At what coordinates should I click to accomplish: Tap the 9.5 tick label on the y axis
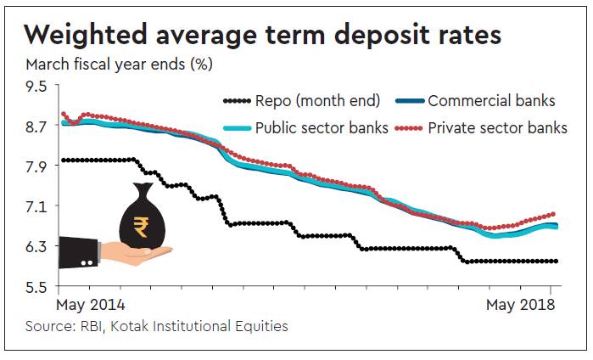pyautogui.click(x=37, y=86)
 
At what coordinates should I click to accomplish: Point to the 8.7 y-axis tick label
pyautogui.click(x=37, y=127)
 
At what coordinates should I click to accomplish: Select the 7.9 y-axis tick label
pyautogui.click(x=37, y=166)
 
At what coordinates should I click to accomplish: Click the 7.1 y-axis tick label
pyautogui.click(x=37, y=206)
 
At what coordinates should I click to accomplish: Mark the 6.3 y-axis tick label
pyautogui.click(x=37, y=246)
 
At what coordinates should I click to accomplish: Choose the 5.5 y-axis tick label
pyautogui.click(x=37, y=286)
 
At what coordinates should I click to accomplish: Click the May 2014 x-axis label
pyautogui.click(x=91, y=304)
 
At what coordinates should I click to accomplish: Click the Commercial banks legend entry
pyautogui.click(x=491, y=102)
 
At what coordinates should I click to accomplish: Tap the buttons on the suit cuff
pyautogui.click(x=86, y=263)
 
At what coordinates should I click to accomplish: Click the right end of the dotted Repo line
pyautogui.click(x=556, y=262)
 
